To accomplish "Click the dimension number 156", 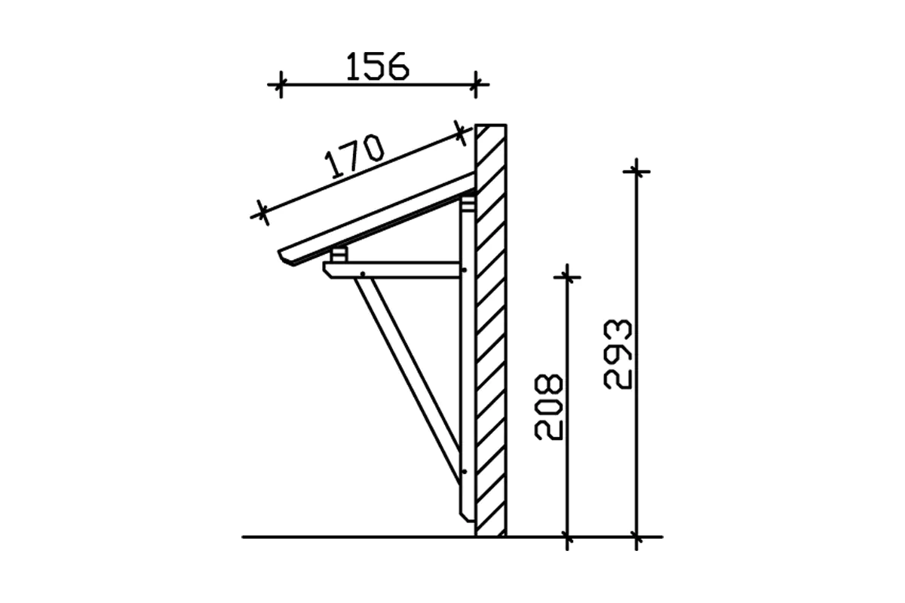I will pyautogui.click(x=377, y=66).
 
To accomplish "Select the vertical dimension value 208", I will pyautogui.click(x=549, y=406).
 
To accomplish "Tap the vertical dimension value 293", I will pyautogui.click(x=618, y=354).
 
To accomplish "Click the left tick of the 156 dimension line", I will pyautogui.click(x=280, y=84).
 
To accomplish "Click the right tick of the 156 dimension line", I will pyautogui.click(x=474, y=84).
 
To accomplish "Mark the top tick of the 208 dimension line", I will pyautogui.click(x=567, y=277).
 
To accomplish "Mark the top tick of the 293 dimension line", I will pyautogui.click(x=637, y=172).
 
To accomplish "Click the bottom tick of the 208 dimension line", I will pyautogui.click(x=567, y=537).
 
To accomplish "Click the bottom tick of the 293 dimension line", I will pyautogui.click(x=637, y=537).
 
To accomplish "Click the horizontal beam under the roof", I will pyautogui.click(x=392, y=270).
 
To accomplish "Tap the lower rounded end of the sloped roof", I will pyautogui.click(x=287, y=258).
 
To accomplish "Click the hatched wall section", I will pyautogui.click(x=491, y=332).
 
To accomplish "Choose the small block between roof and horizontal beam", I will pyautogui.click(x=339, y=255).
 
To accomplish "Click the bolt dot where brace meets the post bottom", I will pyautogui.click(x=464, y=473).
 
